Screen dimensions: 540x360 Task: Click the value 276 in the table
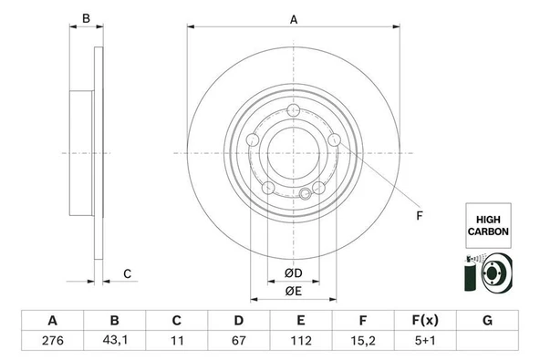[53, 340]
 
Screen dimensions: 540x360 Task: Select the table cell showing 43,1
[115, 340]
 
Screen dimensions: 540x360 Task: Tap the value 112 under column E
[301, 340]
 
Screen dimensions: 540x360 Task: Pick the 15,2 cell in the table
[363, 340]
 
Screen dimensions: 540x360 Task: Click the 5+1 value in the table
[425, 340]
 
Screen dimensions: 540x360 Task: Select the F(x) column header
[425, 321]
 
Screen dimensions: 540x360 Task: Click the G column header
[487, 321]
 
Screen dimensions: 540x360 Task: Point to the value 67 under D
[239, 340]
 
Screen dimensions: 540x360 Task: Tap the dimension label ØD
[294, 273]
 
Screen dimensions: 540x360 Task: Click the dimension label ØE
[294, 291]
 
